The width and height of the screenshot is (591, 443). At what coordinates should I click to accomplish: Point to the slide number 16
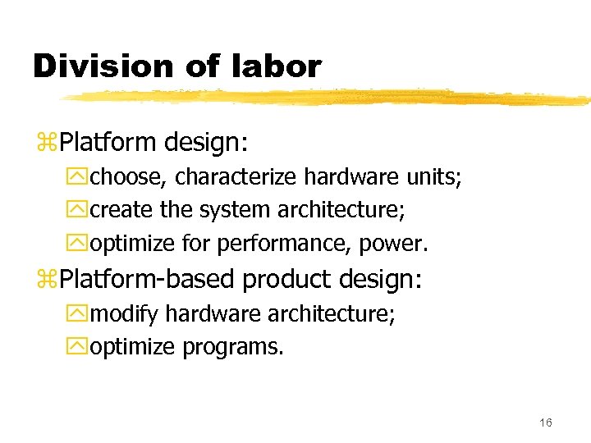pyautogui.click(x=546, y=422)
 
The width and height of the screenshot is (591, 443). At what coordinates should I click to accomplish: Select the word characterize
pyautogui.click(x=237, y=177)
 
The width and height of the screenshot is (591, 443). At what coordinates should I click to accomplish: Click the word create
pyautogui.click(x=121, y=210)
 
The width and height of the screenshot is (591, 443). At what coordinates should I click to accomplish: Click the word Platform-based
pyautogui.click(x=149, y=281)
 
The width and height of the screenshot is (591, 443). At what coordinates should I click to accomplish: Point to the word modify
pyautogui.click(x=126, y=314)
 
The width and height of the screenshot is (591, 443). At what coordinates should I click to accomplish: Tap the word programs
pyautogui.click(x=232, y=347)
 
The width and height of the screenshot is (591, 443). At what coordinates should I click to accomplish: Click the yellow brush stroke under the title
pyautogui.click(x=328, y=98)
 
